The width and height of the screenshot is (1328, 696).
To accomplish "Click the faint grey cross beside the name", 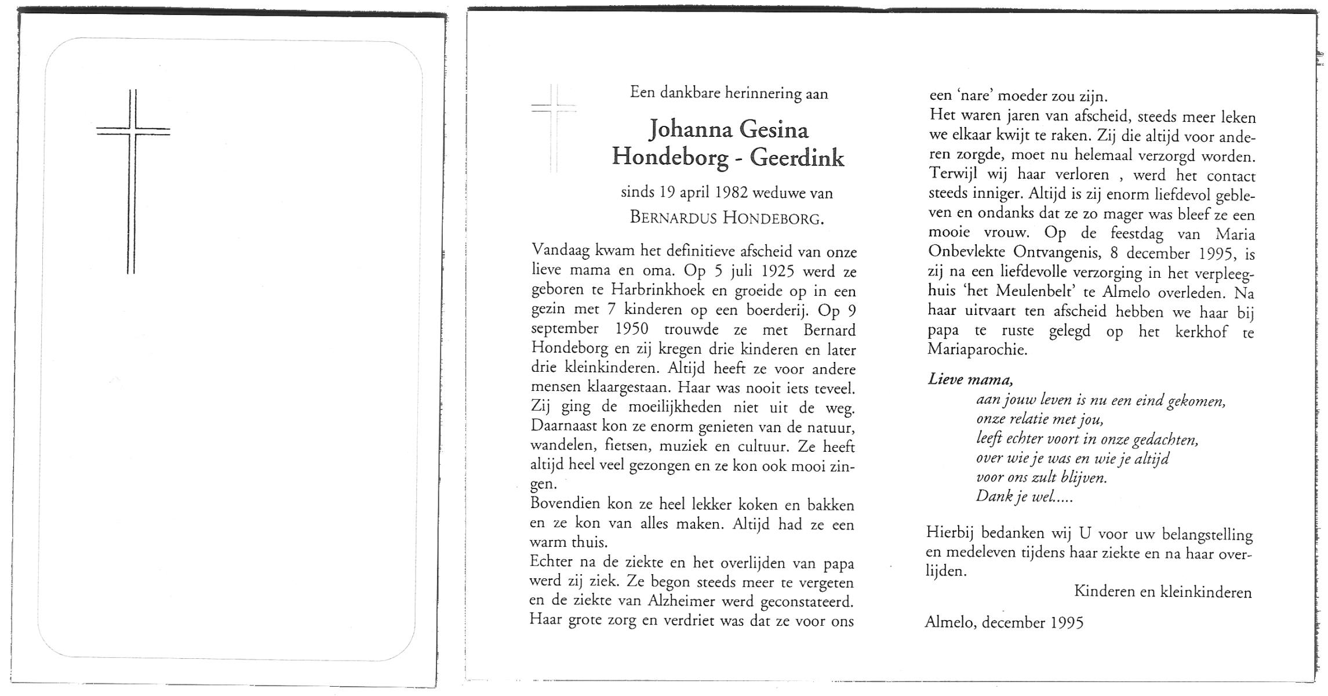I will (x=554, y=128).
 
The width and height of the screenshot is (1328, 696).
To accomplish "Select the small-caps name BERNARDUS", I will (x=673, y=218).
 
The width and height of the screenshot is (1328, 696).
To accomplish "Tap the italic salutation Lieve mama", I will (x=970, y=380).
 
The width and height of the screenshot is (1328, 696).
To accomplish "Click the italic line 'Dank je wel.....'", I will (x=1024, y=497).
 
